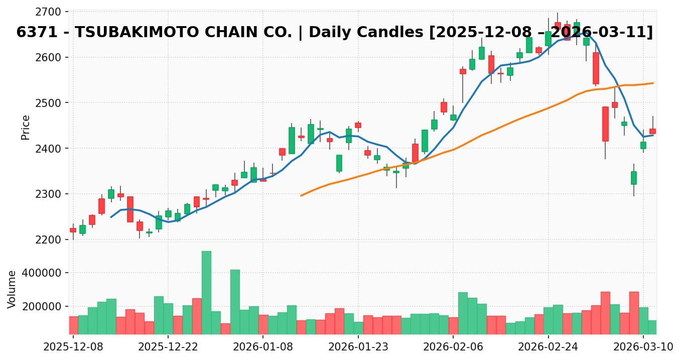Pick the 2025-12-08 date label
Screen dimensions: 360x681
(73, 347)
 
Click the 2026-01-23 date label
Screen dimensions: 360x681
(358, 347)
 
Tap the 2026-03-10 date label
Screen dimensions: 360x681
(643, 347)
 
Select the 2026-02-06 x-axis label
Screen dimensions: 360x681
(453, 347)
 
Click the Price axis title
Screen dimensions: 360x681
(26, 127)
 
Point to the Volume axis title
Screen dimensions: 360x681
(12, 289)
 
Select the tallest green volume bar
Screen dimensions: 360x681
(206, 292)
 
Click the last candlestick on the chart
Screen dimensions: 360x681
(652, 131)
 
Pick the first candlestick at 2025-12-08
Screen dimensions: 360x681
(73, 230)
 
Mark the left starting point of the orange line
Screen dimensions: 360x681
(301, 195)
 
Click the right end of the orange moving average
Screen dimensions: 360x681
(653, 83)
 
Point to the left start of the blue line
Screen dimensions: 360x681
(111, 217)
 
